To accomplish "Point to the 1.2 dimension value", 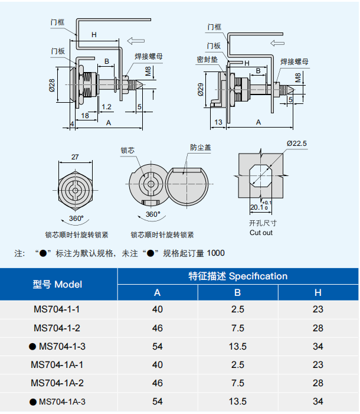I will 107,107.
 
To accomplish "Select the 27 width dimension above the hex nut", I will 75,157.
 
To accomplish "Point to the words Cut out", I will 261,233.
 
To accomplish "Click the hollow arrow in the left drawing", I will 136,41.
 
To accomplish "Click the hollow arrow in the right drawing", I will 279,43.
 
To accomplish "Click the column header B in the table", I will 237,292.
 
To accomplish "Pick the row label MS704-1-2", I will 57,328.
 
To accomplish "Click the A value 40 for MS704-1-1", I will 157,309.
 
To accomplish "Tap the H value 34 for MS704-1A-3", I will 318,402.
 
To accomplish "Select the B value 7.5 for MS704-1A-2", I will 237,383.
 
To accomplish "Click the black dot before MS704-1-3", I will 32,347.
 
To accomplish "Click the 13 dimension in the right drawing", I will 218,122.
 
